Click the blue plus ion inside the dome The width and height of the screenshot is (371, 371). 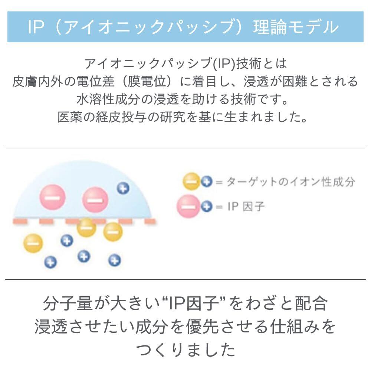coord(123,188)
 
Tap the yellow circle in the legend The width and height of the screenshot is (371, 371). coord(192,182)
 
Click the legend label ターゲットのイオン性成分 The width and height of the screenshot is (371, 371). coord(290,182)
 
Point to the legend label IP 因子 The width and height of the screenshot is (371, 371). coord(246,207)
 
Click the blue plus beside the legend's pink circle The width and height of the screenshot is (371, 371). coord(207,206)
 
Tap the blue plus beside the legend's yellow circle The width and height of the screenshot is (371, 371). coord(207,182)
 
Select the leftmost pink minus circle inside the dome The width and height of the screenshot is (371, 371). coord(52,198)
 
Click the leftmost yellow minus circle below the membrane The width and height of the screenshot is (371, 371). coord(33,243)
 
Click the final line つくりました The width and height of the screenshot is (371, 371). coord(185,349)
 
